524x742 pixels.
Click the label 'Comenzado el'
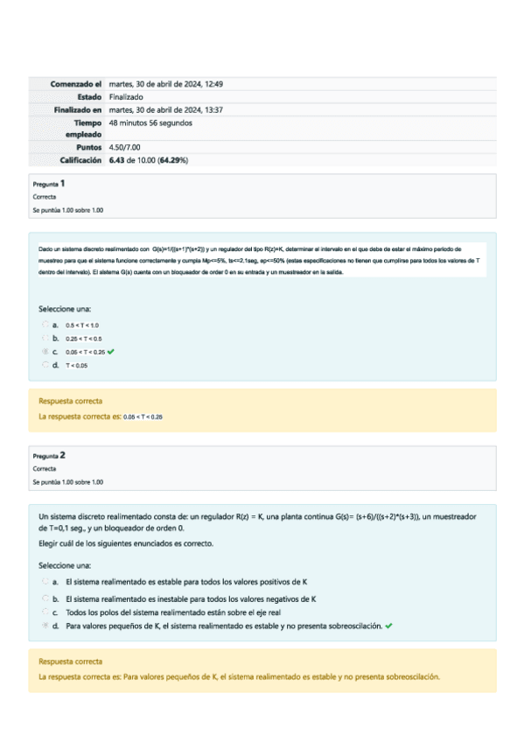click(x=76, y=84)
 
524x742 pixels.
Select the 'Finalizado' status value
click(x=126, y=96)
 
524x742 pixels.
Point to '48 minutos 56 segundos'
click(x=150, y=122)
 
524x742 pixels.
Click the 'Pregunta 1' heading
click(x=49, y=184)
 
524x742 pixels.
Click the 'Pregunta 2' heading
click(x=49, y=456)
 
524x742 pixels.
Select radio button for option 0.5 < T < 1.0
click(x=45, y=325)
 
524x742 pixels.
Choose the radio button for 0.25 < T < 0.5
click(x=45, y=338)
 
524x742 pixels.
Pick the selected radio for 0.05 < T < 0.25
click(x=45, y=351)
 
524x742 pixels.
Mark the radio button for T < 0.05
click(x=45, y=364)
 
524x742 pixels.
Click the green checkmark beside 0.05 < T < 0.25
click(x=112, y=351)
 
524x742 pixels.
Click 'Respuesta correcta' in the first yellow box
click(x=64, y=401)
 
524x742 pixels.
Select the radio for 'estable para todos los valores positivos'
click(x=45, y=581)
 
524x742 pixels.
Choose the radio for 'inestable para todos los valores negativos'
click(x=45, y=598)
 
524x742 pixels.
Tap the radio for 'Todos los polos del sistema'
click(x=45, y=612)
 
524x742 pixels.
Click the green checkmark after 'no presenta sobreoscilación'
click(x=388, y=626)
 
